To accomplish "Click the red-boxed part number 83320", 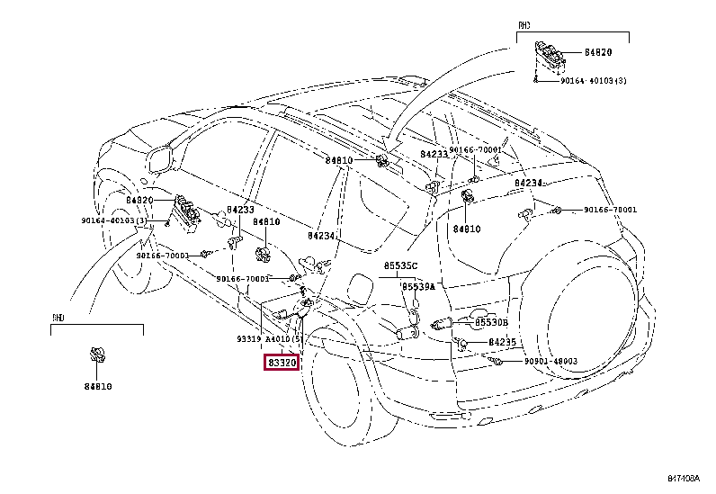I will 281,363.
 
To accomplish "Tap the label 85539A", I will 417,287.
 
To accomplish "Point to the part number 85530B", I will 491,322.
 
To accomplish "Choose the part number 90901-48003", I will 551,361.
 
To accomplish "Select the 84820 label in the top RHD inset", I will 598,53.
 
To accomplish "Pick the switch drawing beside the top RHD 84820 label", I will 550,53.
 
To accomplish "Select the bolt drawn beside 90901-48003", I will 496,361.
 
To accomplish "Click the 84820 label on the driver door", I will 140,200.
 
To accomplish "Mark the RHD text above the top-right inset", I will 524,26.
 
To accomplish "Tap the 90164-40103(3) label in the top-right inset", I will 595,81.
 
